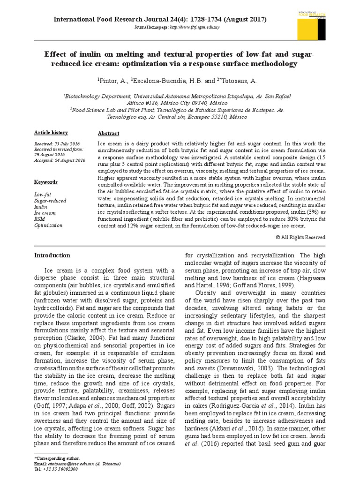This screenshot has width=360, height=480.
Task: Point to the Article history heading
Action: point(51,133)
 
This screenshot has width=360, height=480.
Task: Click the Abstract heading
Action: point(108,134)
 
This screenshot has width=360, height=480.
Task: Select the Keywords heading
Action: point(46,182)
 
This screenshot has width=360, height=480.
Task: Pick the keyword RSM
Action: point(40,219)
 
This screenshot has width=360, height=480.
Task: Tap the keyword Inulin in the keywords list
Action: point(41,206)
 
